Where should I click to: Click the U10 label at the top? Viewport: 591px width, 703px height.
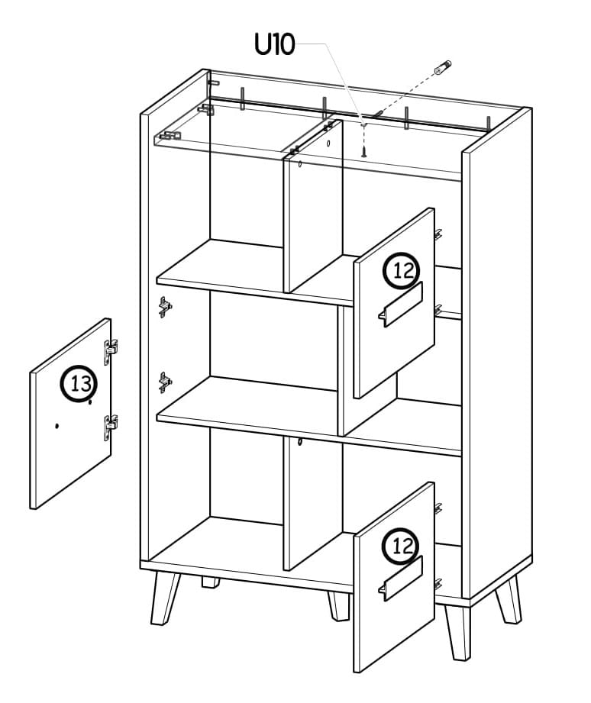[x=274, y=44]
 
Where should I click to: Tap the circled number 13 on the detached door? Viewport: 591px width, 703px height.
[x=79, y=383]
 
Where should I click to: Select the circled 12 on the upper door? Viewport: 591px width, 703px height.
[x=402, y=270]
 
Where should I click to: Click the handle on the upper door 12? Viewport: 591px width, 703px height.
[x=400, y=305]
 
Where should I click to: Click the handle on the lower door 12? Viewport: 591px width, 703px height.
[x=400, y=579]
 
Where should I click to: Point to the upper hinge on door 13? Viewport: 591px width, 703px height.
[x=110, y=351]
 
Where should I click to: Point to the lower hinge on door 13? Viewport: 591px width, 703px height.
[x=110, y=427]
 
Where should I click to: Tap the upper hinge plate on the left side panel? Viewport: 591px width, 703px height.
[x=165, y=307]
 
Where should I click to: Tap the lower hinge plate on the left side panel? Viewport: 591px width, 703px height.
[x=165, y=382]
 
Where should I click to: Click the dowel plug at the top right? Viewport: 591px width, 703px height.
[x=443, y=67]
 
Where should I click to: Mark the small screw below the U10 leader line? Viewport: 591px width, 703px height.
[x=364, y=148]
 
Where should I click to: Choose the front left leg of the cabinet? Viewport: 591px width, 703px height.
[x=165, y=598]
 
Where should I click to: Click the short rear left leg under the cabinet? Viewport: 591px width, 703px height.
[x=210, y=582]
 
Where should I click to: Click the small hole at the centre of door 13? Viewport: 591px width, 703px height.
[x=57, y=425]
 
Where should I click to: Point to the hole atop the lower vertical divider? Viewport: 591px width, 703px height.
[x=300, y=442]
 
